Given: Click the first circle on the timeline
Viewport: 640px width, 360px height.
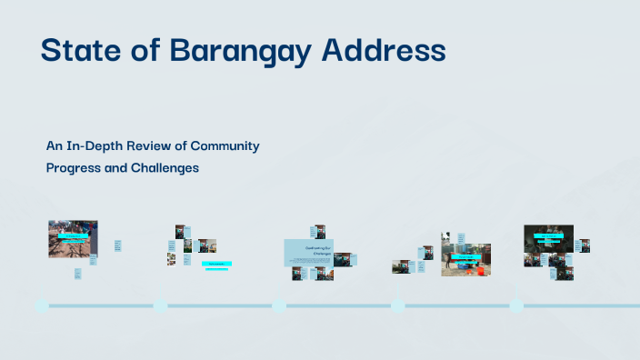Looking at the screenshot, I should [42, 305].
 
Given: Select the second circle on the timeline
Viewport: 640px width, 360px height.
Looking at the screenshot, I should [160, 305].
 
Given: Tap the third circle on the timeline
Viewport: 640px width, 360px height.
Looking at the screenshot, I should [279, 305].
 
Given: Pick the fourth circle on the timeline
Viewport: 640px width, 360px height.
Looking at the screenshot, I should [397, 305].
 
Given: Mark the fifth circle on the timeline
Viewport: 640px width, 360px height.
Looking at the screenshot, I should [516, 305].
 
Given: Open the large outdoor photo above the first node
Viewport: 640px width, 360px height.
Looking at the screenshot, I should [73, 239].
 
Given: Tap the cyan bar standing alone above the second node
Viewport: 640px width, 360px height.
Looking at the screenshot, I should [216, 264].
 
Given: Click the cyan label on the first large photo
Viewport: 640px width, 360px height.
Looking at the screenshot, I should [73, 235].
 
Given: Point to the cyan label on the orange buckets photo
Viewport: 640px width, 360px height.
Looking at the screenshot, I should [465, 256].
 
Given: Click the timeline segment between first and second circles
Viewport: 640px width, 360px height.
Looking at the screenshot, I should [101, 305].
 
